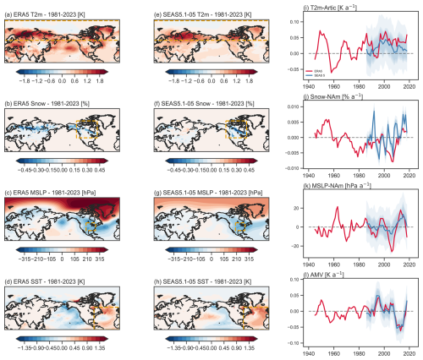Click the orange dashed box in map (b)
pos(81,131)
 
